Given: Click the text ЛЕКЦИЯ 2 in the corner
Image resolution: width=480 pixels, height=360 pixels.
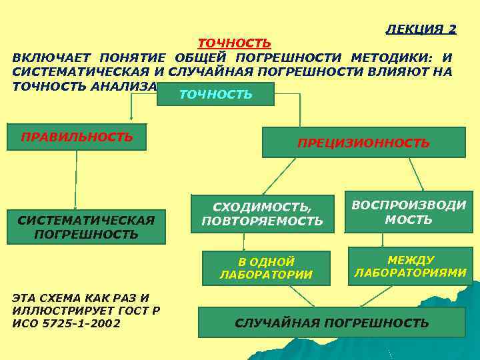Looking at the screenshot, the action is [421, 29].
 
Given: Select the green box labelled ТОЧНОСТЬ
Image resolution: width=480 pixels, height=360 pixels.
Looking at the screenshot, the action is [215, 95].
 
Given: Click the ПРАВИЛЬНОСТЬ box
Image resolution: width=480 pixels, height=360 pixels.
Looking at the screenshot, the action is [77, 137].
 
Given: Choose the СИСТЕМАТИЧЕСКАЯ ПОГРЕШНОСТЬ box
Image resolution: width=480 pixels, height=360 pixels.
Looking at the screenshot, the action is [86, 227].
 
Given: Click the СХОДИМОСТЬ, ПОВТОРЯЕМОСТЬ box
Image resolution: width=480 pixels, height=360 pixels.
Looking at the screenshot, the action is [261, 213].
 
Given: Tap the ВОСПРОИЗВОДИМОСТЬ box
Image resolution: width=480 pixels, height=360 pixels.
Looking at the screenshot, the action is [408, 212].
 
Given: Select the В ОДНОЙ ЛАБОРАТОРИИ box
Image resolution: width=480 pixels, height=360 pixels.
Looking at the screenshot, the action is [266, 268].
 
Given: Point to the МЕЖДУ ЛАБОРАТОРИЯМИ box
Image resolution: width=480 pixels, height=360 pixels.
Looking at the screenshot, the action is [410, 265].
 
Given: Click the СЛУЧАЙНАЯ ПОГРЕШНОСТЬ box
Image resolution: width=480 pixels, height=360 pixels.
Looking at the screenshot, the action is [331, 323].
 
